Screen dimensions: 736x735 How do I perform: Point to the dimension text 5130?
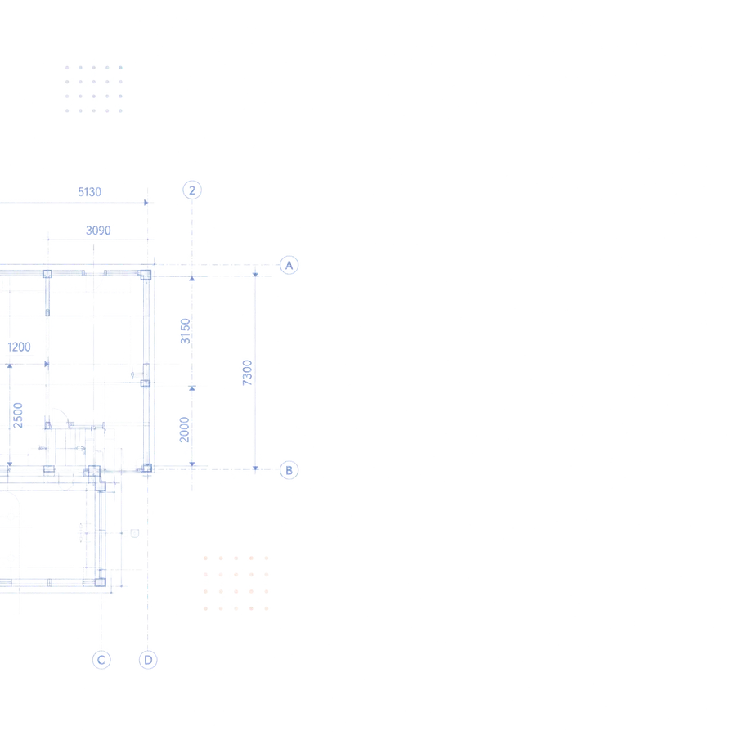tap(90, 192)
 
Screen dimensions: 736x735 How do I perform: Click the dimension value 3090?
tap(98, 231)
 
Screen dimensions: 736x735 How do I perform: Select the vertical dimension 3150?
tap(186, 331)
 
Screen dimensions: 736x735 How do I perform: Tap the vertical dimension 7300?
tap(247, 373)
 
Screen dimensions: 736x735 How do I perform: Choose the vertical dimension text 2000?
tap(185, 429)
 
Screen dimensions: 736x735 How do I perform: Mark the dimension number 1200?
tap(20, 347)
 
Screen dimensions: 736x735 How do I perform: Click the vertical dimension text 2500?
tap(18, 415)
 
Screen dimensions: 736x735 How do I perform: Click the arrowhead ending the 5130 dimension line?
tap(146, 203)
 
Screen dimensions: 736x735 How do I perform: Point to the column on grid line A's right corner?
tap(146, 275)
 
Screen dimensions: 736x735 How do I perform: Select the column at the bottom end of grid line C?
tap(101, 582)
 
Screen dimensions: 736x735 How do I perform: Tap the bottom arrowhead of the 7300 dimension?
tap(255, 468)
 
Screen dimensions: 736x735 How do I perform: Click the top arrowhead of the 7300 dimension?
tap(255, 275)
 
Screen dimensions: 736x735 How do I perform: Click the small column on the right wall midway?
tap(146, 383)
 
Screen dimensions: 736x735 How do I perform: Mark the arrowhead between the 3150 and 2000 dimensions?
tap(192, 388)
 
